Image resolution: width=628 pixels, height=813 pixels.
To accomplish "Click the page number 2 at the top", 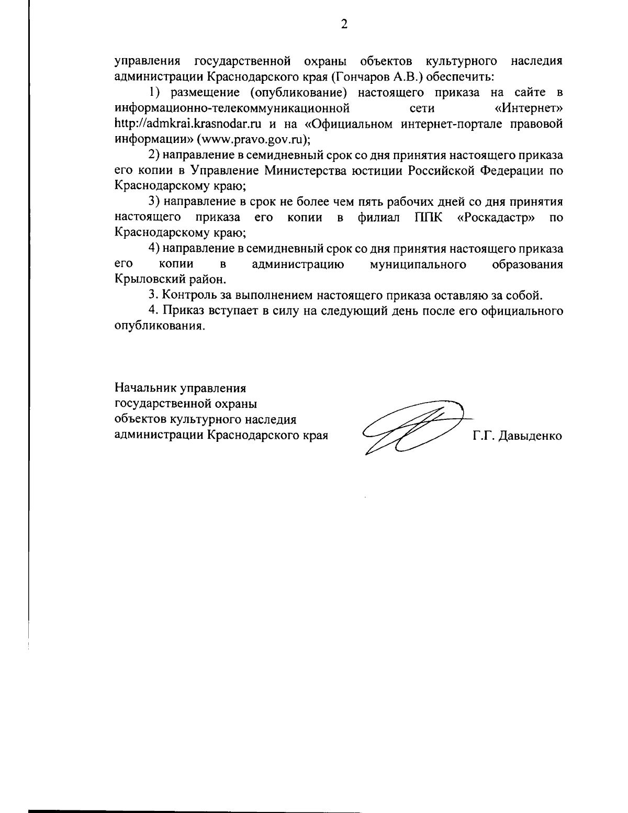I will click(x=344, y=24).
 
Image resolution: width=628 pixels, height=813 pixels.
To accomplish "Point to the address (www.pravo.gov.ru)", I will click(x=253, y=140).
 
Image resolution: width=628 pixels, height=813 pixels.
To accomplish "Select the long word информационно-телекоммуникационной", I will click(x=232, y=109).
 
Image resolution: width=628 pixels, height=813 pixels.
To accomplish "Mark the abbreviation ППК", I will click(x=428, y=217).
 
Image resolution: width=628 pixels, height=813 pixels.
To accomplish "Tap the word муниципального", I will click(x=418, y=264).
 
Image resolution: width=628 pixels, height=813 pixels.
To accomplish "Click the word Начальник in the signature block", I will click(x=146, y=388).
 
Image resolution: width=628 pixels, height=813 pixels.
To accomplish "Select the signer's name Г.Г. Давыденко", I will click(x=518, y=436).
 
